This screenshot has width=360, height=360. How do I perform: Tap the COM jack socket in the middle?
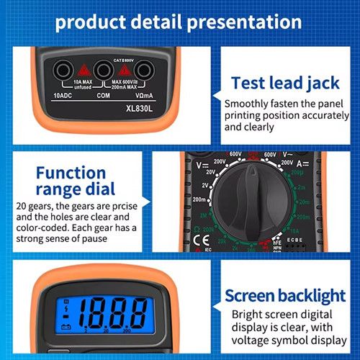click(x=103, y=70)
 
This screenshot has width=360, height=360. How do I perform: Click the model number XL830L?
click(x=140, y=109)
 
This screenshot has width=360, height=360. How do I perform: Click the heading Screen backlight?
click(x=285, y=295)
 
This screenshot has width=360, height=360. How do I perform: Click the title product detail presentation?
click(x=179, y=21)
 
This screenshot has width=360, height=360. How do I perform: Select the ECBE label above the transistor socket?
click(x=294, y=234)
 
